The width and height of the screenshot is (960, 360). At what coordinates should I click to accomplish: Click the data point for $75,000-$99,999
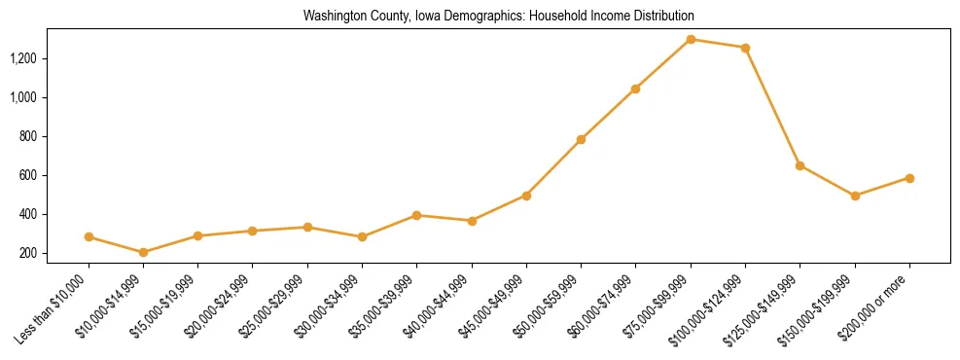point(691,39)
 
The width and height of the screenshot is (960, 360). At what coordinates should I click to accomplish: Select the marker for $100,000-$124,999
point(745,48)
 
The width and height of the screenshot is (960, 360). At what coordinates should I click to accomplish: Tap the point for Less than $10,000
point(89,236)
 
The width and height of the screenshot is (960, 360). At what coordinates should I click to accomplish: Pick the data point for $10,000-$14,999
point(144,252)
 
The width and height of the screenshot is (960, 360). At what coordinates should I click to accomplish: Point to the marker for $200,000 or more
point(909,178)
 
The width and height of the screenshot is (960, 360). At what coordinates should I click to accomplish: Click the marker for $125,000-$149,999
point(800,165)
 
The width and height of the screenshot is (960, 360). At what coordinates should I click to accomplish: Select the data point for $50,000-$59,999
point(581,139)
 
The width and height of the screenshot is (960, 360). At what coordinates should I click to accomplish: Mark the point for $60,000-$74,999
point(635,89)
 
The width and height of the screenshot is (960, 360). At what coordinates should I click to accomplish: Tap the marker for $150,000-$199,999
point(855,196)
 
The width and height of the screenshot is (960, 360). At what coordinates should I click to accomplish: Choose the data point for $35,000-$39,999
point(416,215)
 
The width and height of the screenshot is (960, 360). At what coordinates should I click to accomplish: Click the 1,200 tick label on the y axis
point(50,58)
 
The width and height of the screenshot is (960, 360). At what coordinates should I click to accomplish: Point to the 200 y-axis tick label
point(55,253)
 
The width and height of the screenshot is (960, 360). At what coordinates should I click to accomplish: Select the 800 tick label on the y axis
point(55,136)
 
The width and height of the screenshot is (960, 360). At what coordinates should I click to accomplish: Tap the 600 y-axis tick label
point(55,175)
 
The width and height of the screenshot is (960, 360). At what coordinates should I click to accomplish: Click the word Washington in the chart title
point(330,17)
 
